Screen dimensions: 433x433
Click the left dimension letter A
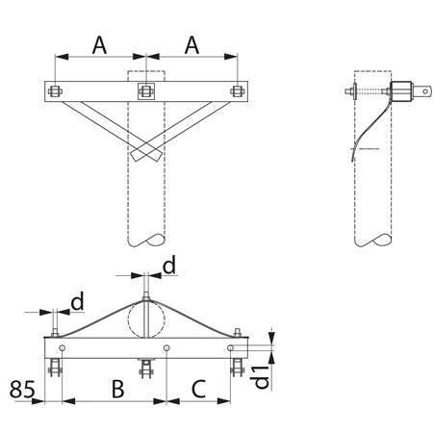tap(99, 45)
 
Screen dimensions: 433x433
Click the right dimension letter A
tap(191, 45)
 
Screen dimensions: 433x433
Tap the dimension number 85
tap(22, 389)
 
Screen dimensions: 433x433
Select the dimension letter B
tap(117, 389)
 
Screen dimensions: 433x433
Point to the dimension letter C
tap(198, 389)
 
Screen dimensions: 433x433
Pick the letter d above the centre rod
tap(169, 266)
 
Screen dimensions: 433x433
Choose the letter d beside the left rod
tap(77, 301)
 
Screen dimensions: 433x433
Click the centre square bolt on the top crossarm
tap(146, 91)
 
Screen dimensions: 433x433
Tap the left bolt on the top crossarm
tap(55, 91)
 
